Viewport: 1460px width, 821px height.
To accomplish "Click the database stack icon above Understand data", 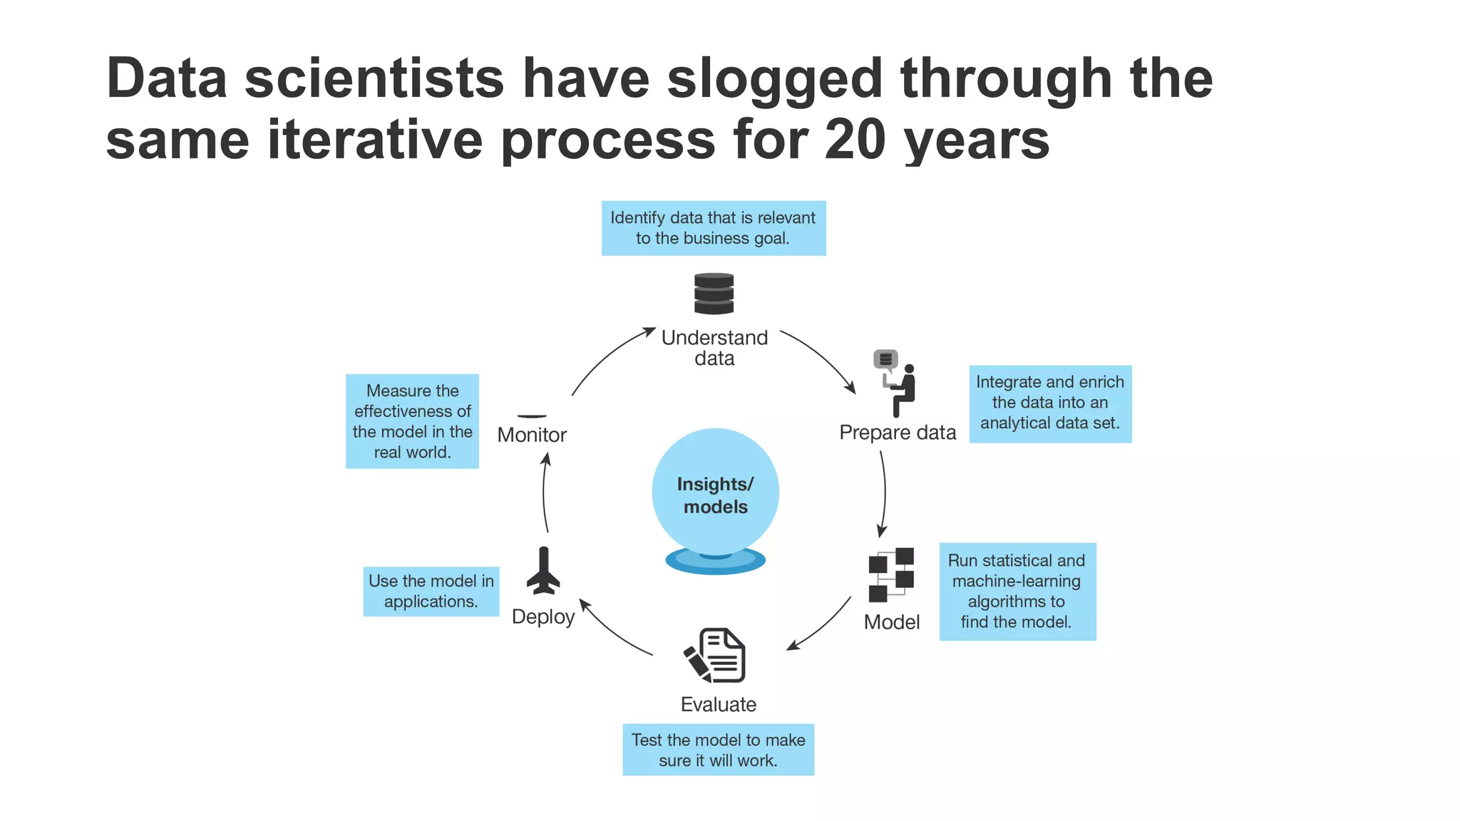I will (714, 294).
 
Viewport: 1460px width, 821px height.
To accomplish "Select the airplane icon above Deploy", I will (543, 571).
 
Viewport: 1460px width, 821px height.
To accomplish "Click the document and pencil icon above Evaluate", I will (715, 656).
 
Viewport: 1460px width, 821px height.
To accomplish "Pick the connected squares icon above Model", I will (891, 574).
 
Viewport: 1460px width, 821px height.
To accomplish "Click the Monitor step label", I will (532, 435).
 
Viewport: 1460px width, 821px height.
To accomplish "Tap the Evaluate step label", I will (718, 704).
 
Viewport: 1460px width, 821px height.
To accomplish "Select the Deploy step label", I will (543, 616).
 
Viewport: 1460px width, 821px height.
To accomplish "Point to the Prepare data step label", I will (898, 433).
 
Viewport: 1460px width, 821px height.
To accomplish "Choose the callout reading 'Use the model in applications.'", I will (431, 592).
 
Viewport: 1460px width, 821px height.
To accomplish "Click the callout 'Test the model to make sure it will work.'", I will (718, 750).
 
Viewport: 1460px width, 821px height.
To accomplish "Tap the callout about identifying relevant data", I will (713, 228).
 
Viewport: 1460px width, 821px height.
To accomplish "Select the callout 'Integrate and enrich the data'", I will (1050, 403).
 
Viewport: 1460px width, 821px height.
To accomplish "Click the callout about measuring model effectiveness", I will (412, 421).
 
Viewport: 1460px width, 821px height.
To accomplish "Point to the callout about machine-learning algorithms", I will (1017, 592).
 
